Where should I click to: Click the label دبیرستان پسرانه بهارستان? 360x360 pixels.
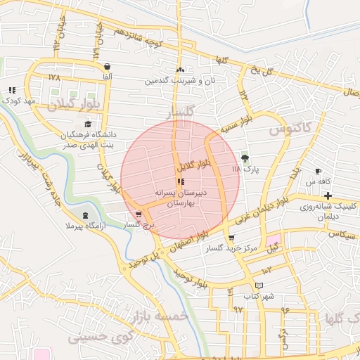[x=180, y=197]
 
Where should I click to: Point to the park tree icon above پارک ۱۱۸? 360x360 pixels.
[x=245, y=157]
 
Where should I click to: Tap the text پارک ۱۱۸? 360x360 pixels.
[x=245, y=169]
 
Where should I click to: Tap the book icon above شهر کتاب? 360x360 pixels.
[x=259, y=285]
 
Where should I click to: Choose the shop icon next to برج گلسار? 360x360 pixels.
[x=139, y=214]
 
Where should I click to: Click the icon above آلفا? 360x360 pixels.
[x=107, y=66]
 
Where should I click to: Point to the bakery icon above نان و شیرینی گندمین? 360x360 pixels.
[x=181, y=70]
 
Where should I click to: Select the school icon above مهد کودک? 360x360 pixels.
[x=12, y=90]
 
